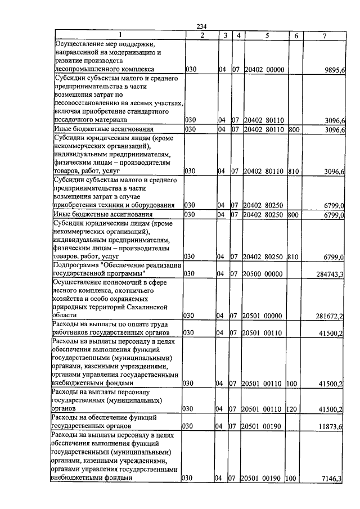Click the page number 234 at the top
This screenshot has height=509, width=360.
pos(202,27)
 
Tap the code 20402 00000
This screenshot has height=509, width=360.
pos(265,70)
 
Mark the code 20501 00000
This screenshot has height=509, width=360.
pos(264,317)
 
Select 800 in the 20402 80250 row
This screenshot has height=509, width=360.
pos(293,215)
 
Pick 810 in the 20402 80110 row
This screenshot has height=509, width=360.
pos(293,172)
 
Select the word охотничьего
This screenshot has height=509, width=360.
pos(132,290)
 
